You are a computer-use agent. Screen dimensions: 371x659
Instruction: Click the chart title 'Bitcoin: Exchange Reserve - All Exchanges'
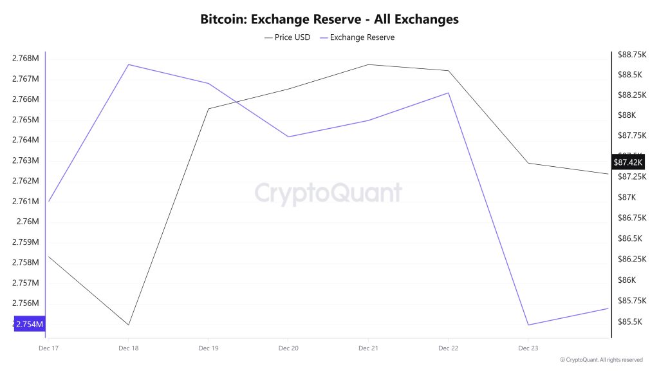point(329,19)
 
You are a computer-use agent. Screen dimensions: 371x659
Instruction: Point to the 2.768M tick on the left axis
point(25,59)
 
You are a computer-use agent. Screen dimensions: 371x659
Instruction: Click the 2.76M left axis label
point(28,222)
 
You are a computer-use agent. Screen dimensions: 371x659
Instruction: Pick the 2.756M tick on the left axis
point(25,303)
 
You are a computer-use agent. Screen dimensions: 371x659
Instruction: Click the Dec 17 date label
point(48,348)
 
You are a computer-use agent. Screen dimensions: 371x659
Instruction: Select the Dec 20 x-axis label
point(288,348)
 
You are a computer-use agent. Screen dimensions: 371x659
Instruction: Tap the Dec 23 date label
point(528,348)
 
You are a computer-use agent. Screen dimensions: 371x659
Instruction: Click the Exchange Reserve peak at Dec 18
point(129,64)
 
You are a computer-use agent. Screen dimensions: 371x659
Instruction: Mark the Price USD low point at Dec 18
point(129,325)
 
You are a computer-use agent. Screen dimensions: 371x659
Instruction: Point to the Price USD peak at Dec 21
point(368,64)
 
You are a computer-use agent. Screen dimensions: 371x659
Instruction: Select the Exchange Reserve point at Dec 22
point(449,93)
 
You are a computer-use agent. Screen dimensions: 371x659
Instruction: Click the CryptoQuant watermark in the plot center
point(328,193)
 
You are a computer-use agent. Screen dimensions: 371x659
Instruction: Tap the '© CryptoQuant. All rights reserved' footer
point(601,360)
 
